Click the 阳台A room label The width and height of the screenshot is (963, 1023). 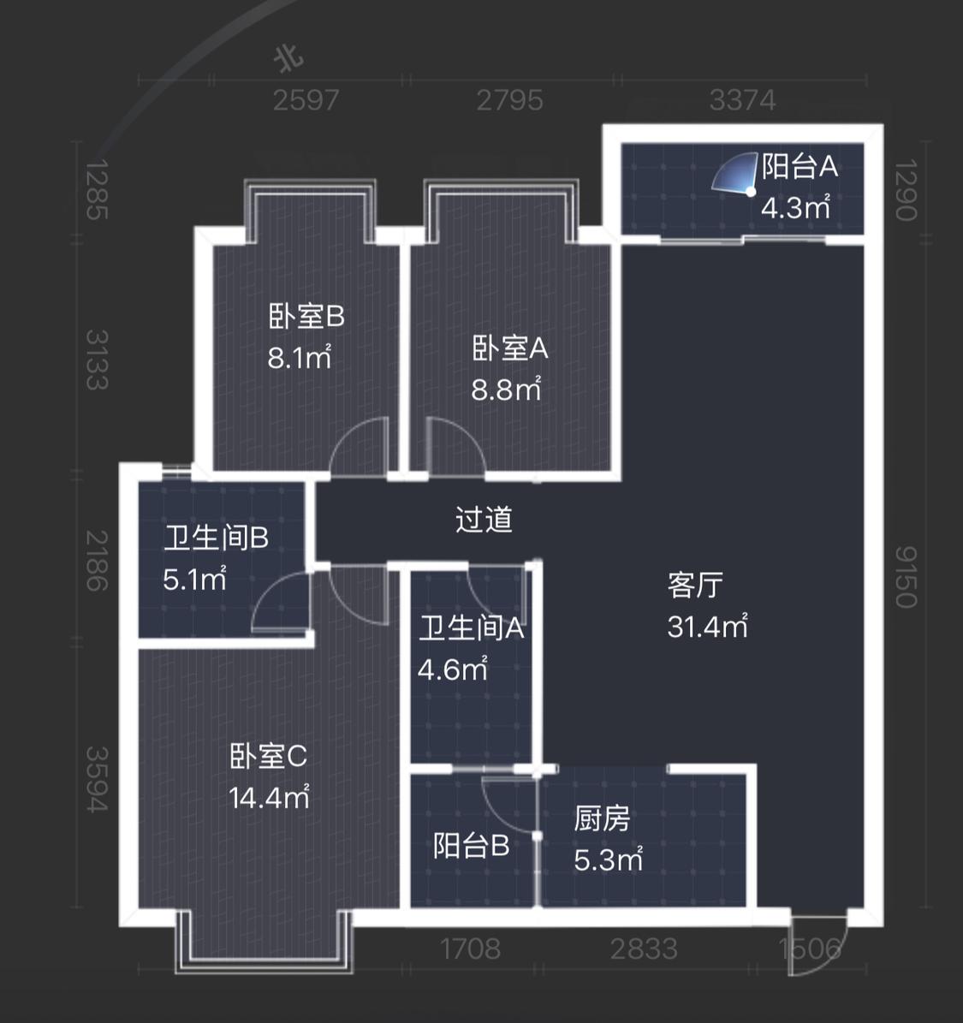coord(800,167)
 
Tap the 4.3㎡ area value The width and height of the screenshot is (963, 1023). coord(795,207)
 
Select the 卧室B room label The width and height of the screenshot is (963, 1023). coord(306,317)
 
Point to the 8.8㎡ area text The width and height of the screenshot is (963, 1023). coord(506,390)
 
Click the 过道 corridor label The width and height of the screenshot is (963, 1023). coord(484,520)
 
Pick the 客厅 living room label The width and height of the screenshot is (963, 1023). coord(695,586)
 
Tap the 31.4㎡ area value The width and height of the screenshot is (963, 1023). coord(707,627)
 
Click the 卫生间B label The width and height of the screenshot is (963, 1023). coord(216,538)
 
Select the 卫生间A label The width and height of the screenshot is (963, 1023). coord(471,628)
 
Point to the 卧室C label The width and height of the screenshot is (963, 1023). coord(268,756)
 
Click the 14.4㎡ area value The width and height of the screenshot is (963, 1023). coord(269,797)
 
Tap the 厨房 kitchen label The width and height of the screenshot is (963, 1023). coord(603,818)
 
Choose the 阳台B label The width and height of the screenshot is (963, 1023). coord(471,846)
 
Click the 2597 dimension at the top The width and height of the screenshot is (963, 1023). coord(306,100)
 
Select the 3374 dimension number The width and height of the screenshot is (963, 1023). coord(742,100)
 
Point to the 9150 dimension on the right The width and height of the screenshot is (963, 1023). coord(907,577)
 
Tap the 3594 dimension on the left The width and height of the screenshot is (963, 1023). coord(97,780)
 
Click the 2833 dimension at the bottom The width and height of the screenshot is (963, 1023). coord(644,949)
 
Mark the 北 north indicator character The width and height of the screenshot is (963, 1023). coord(288,59)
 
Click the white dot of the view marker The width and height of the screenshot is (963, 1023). coord(751,192)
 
